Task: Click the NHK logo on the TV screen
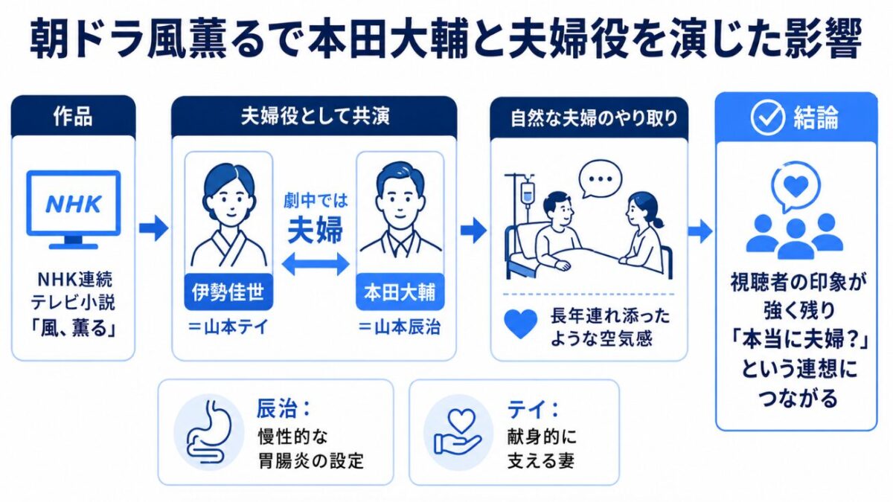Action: point(74,204)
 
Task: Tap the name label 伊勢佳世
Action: point(228,292)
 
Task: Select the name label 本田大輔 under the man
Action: point(400,292)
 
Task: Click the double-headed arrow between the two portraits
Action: point(316,264)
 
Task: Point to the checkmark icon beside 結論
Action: point(767,118)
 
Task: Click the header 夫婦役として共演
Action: point(315,118)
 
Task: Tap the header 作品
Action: point(73,117)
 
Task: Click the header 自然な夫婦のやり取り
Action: point(594,118)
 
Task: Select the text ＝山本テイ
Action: point(228,327)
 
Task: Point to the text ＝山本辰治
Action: point(400,327)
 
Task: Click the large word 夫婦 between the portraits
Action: point(315,230)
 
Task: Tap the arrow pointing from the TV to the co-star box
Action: point(153,229)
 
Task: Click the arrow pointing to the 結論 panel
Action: point(700,231)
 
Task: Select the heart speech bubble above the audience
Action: point(796,187)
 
